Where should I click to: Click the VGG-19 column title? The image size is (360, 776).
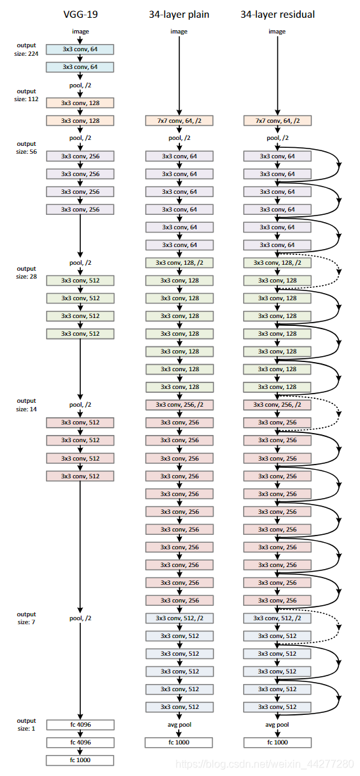tap(80, 14)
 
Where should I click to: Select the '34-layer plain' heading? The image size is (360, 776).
tap(179, 14)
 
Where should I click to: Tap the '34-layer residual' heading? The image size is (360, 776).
tap(277, 14)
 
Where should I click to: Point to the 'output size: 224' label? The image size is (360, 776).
tap(27, 49)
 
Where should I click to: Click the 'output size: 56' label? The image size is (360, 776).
tap(27, 147)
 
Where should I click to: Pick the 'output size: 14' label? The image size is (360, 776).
tap(27, 404)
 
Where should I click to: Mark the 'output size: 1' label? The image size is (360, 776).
tap(27, 725)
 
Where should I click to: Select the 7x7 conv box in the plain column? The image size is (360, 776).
tap(179, 121)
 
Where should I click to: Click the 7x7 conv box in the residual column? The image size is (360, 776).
tap(277, 121)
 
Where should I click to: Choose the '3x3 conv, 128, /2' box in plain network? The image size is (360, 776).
tap(179, 263)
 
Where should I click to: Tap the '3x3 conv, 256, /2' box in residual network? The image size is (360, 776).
tap(277, 405)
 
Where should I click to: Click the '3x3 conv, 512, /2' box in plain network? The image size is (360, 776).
tap(179, 618)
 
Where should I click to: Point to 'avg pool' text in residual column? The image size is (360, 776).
tap(277, 725)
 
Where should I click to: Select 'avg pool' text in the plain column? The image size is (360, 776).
tap(179, 725)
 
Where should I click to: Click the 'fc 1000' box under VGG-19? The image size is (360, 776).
tap(80, 760)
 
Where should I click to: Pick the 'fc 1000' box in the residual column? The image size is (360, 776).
tap(277, 742)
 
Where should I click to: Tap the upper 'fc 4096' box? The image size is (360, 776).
tap(80, 725)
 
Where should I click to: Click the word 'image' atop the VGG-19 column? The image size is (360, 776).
tap(80, 31)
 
